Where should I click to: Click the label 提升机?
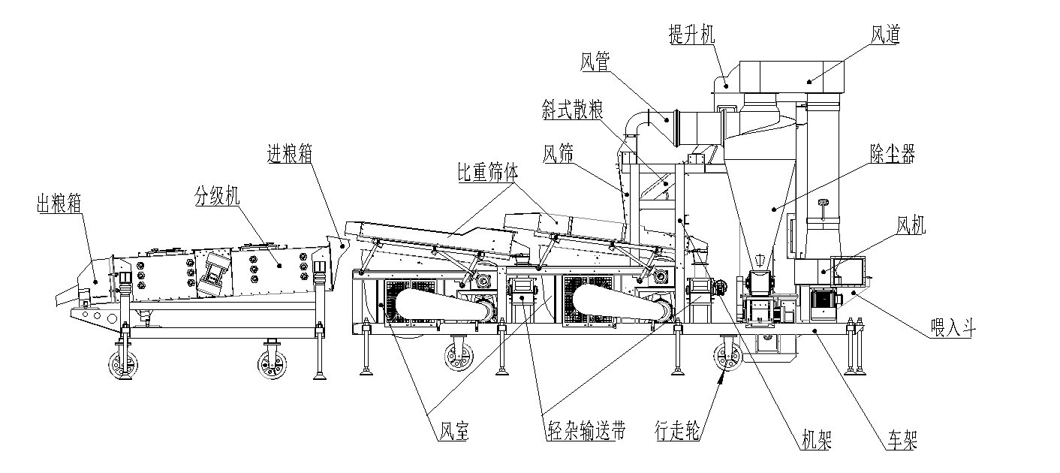691,35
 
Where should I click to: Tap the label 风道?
885,35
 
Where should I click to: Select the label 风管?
595,62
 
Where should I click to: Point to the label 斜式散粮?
572,110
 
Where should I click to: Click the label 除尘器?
893,153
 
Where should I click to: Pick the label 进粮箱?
290,153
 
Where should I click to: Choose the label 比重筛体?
488,173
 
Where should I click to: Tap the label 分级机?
217,195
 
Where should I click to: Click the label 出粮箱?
59,203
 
